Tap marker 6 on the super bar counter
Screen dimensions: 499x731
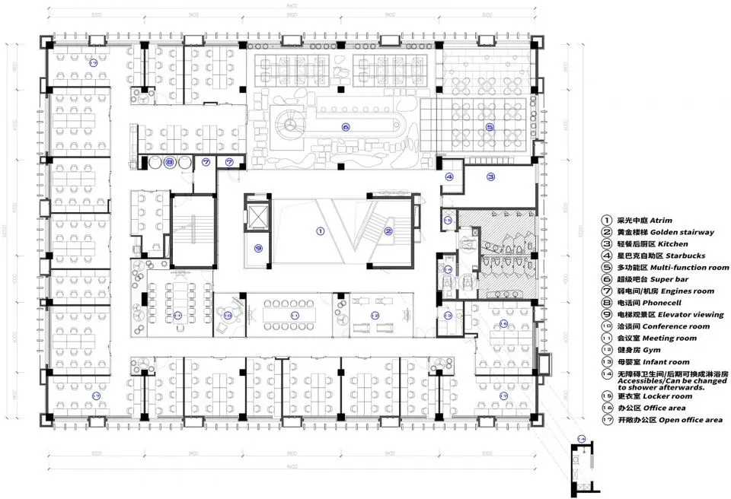coord(346,127)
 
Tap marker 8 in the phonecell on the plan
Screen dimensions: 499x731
coord(170,162)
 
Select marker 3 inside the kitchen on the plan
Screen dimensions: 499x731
coord(491,177)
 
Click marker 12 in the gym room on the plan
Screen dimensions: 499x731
coord(375,315)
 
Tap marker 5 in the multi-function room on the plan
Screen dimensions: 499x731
coord(490,127)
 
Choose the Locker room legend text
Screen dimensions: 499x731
coord(668,396)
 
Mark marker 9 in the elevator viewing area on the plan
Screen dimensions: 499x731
coord(259,247)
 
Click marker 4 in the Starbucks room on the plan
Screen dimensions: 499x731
coord(449,177)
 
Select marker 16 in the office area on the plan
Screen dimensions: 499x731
coord(503,325)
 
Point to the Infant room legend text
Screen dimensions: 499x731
coord(666,361)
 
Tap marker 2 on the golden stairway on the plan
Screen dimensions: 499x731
coord(388,230)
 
